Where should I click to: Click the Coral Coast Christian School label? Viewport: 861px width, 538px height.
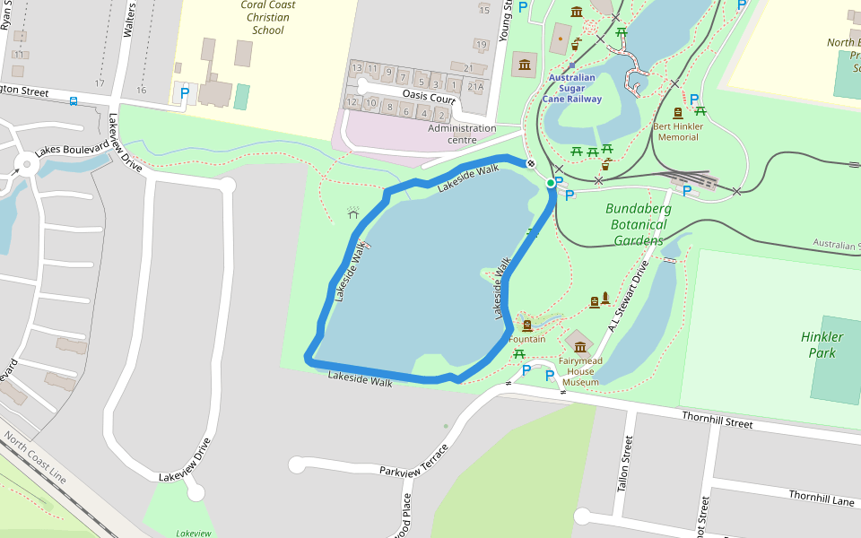267,18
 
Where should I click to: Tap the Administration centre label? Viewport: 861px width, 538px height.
462,134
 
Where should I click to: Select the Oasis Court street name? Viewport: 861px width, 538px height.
430,98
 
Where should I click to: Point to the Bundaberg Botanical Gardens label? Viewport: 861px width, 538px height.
639,224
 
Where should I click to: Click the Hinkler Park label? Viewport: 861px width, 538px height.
822,345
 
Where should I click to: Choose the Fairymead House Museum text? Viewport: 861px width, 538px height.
579,371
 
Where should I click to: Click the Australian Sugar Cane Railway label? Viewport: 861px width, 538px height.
571,88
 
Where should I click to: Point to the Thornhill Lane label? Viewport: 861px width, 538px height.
822,498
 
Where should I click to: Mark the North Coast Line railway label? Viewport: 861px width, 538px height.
34,458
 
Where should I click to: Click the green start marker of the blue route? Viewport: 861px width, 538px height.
551,183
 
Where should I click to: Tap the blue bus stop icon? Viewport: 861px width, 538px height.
73,101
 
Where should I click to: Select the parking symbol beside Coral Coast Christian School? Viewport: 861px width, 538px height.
185,92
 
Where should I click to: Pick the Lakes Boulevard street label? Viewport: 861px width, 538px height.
72,148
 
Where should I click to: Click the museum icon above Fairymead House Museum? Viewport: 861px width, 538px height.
579,346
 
